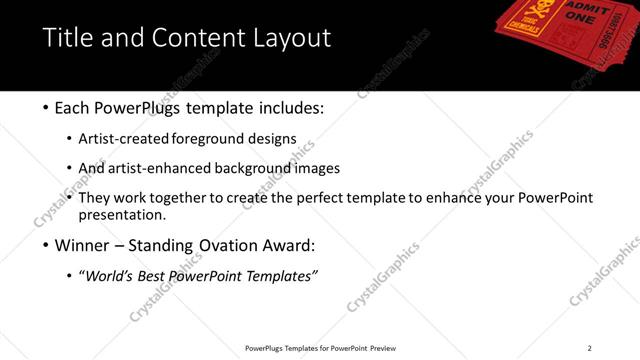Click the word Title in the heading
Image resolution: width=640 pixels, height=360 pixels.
point(67,38)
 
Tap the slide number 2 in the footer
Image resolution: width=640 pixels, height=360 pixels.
point(589,348)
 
